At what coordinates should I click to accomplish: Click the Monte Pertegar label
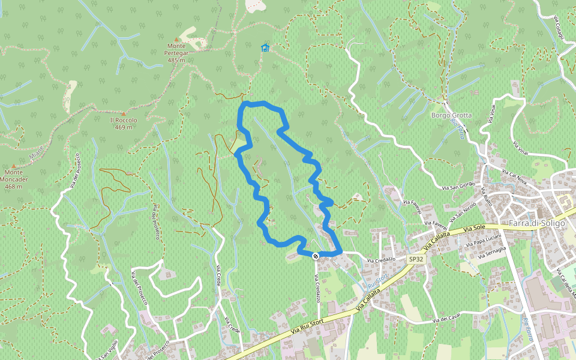point(177,53)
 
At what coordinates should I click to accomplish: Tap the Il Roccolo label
point(124,124)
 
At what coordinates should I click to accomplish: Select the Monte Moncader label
point(14,183)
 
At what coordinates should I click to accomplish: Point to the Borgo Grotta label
point(451,115)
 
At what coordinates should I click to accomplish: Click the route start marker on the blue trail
point(316,256)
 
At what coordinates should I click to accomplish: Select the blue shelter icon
point(265,48)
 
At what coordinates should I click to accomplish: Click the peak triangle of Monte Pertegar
point(177,39)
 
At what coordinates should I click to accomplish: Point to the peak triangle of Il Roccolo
point(124,113)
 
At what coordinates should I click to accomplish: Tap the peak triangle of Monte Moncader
point(14,166)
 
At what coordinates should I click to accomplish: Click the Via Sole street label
point(474,229)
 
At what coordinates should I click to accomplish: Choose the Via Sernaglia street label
point(491,253)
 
